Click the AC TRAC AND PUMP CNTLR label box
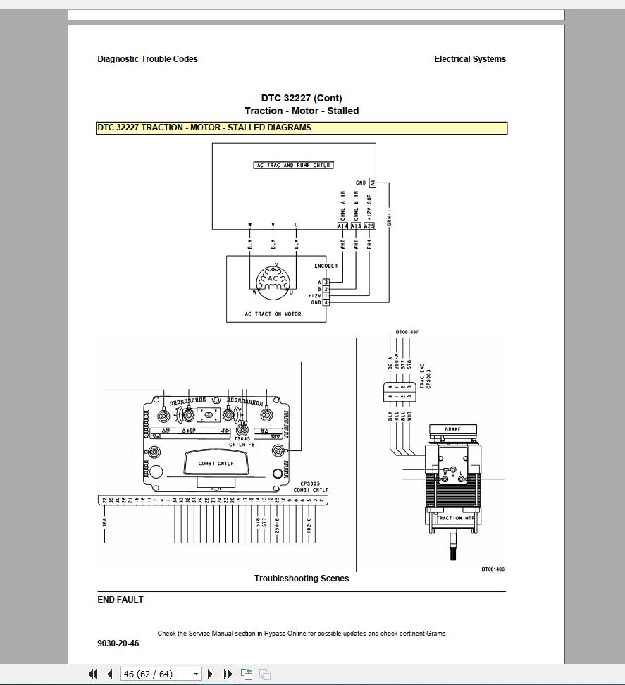[x=293, y=165]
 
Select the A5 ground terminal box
[x=372, y=183]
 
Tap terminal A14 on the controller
[x=343, y=226]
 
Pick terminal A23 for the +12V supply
[x=370, y=226]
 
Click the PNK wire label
[x=370, y=245]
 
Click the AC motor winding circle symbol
[x=272, y=280]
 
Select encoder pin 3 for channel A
[x=326, y=283]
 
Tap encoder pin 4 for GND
[x=326, y=302]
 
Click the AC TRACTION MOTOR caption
[x=273, y=314]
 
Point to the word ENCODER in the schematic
[x=326, y=266]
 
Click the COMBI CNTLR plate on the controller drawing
[x=216, y=464]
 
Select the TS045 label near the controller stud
[x=242, y=438]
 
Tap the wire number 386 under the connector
[x=104, y=522]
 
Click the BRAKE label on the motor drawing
[x=452, y=430]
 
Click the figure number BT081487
[x=407, y=332]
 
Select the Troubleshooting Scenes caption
[x=302, y=579]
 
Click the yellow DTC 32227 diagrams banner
[x=302, y=128]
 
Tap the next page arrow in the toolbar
[x=210, y=674]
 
